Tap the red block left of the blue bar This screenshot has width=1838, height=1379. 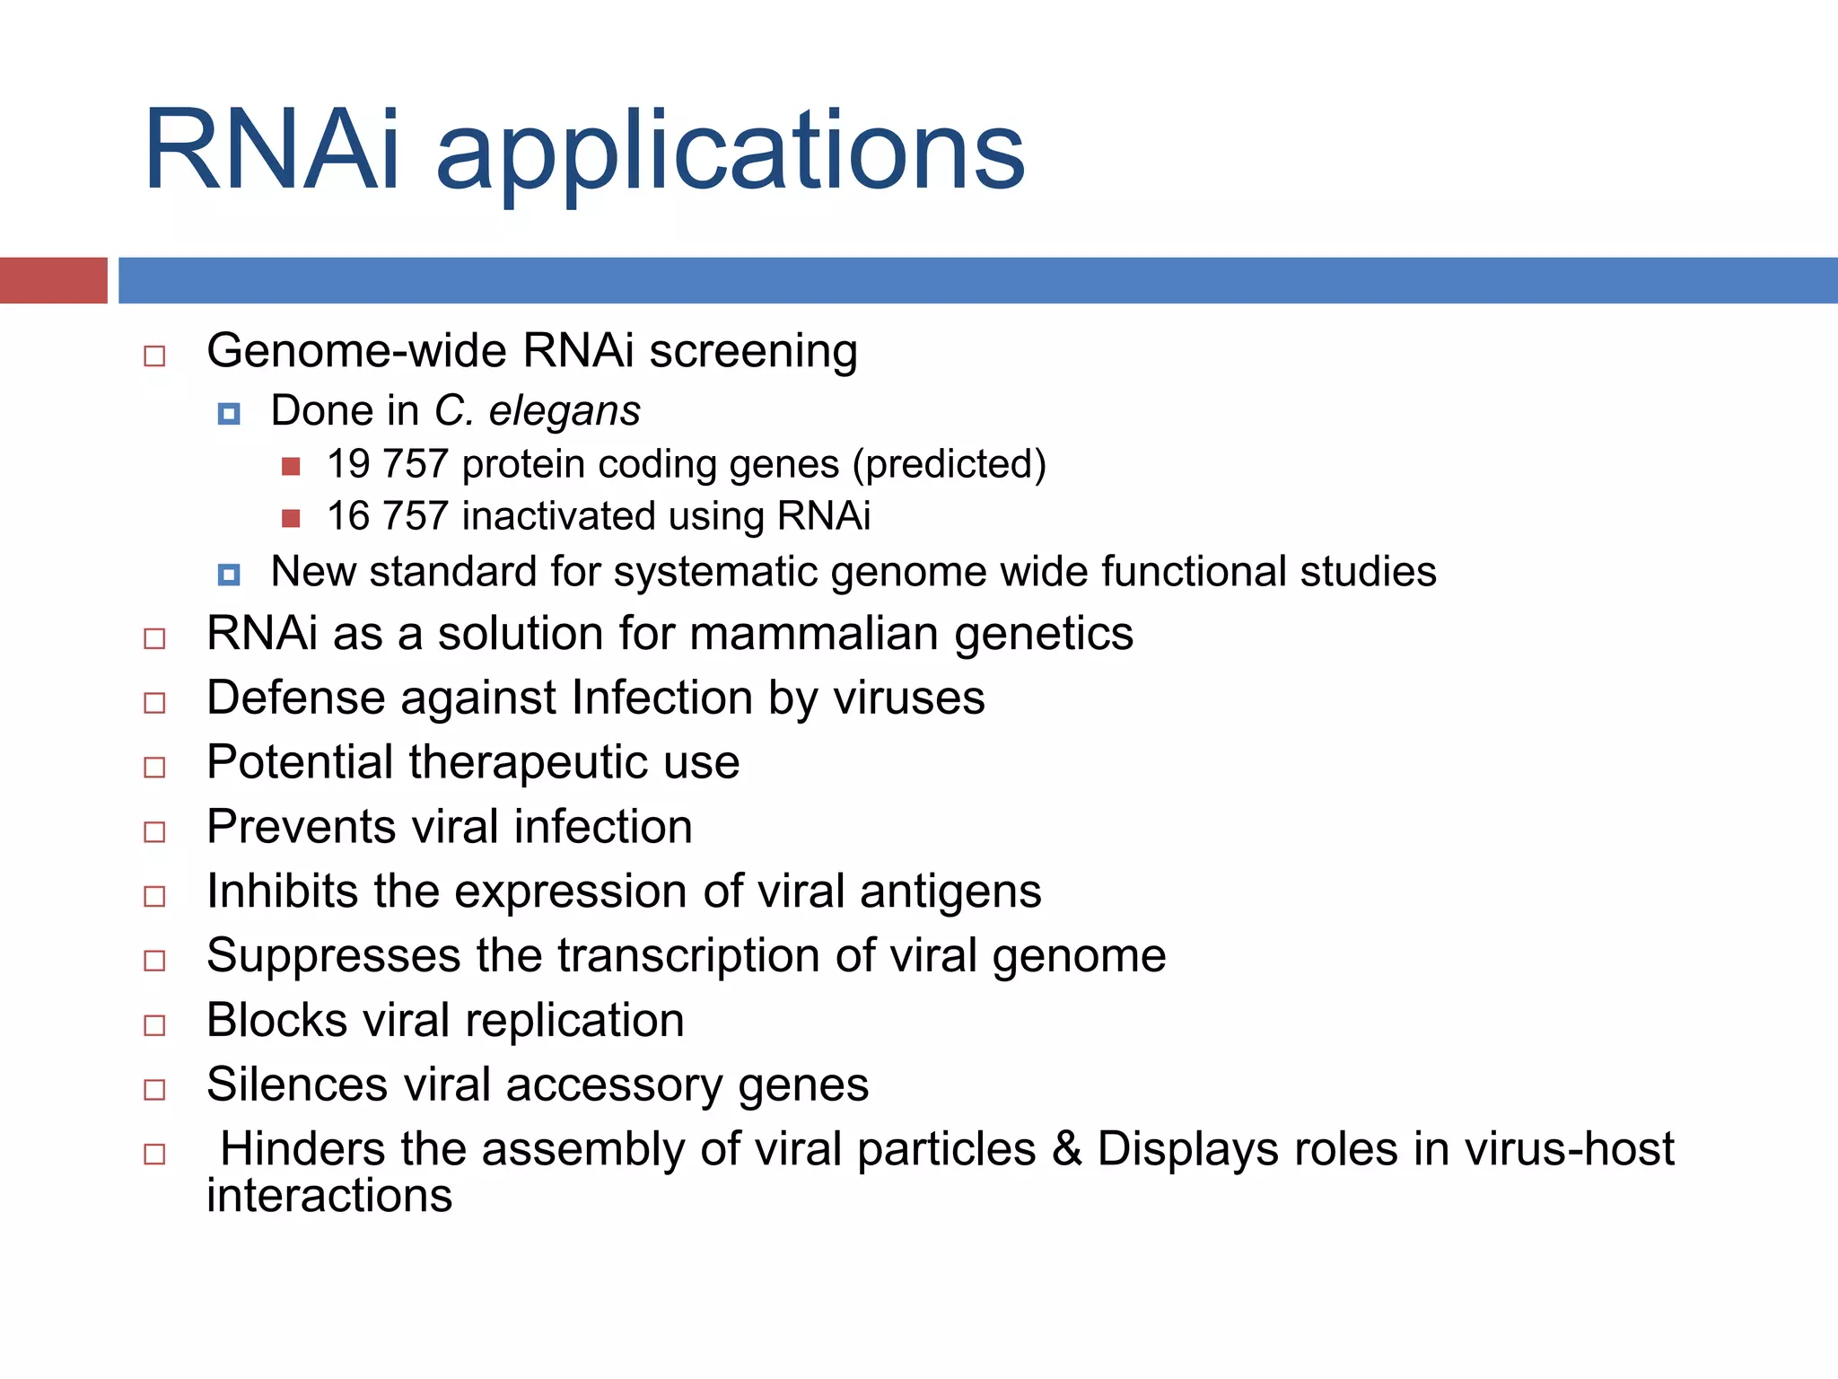(53, 280)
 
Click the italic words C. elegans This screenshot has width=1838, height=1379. (537, 411)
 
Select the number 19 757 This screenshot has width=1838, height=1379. (387, 464)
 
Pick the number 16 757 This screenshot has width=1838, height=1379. (387, 516)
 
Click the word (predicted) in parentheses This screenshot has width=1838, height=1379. (949, 464)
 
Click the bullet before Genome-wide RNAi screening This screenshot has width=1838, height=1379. (154, 356)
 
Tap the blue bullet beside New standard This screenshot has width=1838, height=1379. (229, 575)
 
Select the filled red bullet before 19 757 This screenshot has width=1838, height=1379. (291, 466)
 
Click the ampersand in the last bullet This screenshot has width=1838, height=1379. (1066, 1149)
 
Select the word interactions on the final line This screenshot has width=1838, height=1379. (329, 1196)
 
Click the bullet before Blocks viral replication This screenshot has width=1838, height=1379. (154, 1025)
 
